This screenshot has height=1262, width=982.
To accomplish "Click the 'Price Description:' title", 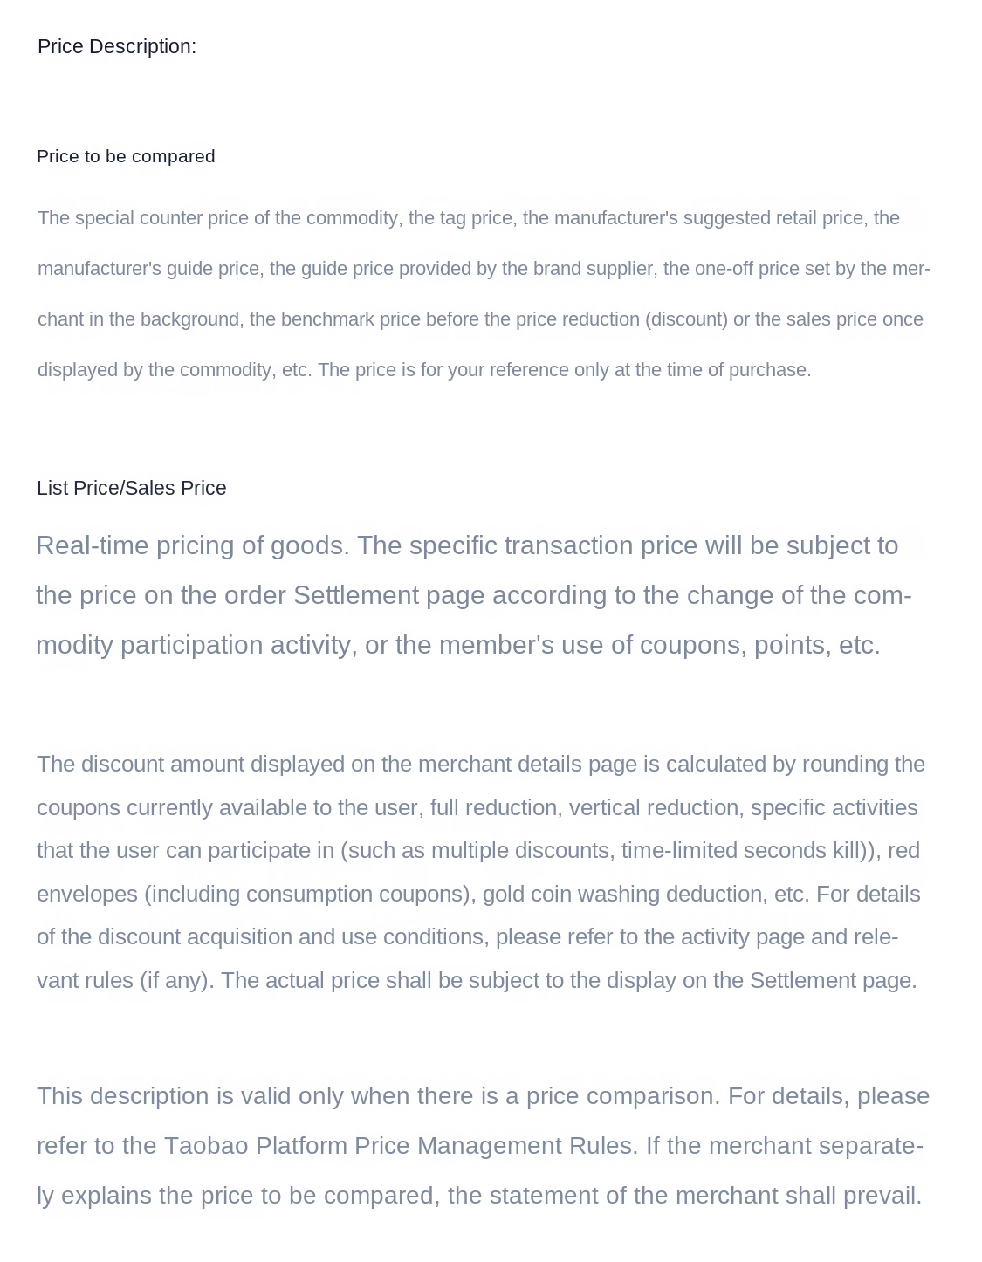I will click(117, 47).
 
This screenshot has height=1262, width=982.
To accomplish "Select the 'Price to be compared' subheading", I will click(126, 157).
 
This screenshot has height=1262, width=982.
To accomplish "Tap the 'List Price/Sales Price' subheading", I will click(131, 489).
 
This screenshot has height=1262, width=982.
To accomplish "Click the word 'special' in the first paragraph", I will click(103, 218).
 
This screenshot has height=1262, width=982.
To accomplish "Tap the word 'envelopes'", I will click(86, 895).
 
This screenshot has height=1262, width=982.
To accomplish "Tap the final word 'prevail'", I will click(882, 1196).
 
